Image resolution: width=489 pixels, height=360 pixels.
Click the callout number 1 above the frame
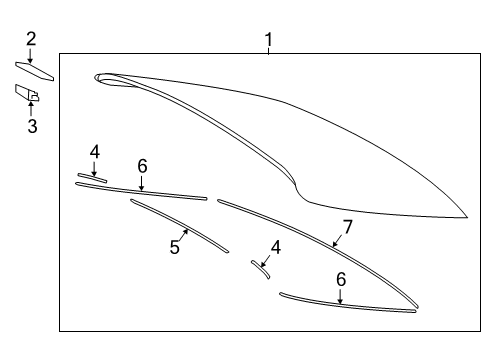[268, 39]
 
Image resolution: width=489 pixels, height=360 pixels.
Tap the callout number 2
[31, 39]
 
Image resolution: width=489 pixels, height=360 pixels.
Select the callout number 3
[31, 126]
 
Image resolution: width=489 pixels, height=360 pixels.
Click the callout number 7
[347, 227]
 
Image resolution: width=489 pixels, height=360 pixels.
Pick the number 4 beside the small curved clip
[275, 247]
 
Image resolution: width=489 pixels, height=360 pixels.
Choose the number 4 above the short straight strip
[94, 152]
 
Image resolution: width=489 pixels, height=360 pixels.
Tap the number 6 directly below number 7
[340, 279]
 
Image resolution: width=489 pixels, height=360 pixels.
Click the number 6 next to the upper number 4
[142, 165]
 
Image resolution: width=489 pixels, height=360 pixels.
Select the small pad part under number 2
[35, 69]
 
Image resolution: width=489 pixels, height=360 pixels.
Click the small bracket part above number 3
[27, 94]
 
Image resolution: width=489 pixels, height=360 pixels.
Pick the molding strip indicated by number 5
[180, 225]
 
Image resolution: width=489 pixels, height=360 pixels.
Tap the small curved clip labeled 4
[260, 269]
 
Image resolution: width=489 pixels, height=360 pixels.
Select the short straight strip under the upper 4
[92, 178]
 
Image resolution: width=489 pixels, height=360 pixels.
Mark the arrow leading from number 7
[338, 238]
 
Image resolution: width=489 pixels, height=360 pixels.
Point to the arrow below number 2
[31, 54]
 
